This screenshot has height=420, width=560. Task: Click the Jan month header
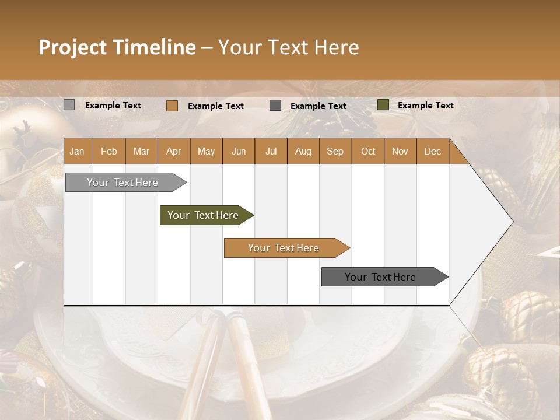pos(78,151)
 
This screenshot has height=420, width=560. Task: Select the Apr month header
pos(174,151)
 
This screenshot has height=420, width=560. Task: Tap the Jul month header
pos(271,151)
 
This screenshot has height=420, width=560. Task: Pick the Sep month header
pos(335,151)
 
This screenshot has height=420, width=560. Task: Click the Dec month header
pos(432,151)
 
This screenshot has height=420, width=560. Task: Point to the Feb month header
pos(109,151)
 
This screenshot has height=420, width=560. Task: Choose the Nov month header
pos(400,151)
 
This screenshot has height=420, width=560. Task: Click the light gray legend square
pos(69,105)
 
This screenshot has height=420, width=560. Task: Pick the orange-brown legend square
pos(171,106)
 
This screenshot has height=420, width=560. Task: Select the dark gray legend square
pos(275,105)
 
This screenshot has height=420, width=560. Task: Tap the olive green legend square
pos(383,105)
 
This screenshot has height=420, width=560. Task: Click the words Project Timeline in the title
pos(117,47)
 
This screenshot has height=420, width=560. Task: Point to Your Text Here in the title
pos(289,47)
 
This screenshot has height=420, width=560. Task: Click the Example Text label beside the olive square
pos(425,105)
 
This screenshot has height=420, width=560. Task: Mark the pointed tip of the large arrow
pos(512,222)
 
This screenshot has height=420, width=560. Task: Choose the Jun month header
pos(239,151)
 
